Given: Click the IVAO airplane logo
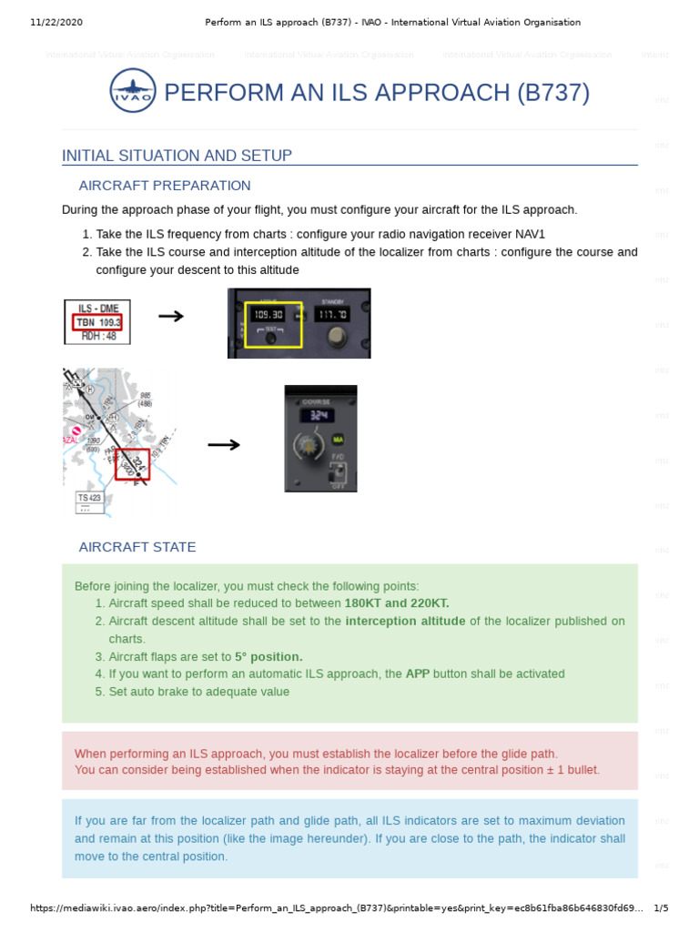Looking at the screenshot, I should (132, 93).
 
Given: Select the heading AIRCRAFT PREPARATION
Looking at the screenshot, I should (165, 186).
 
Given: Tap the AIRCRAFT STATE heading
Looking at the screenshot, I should (137, 547).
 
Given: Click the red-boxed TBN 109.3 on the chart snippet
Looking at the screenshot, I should (98, 322).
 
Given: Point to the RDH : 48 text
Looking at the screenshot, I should (98, 335).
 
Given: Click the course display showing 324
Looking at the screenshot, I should (320, 415).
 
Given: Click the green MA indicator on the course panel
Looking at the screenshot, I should (339, 440).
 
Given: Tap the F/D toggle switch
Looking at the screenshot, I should (339, 472).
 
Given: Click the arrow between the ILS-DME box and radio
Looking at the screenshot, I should (171, 316).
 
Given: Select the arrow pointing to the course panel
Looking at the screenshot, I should (224, 444).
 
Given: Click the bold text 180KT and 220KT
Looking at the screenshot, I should (397, 603).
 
